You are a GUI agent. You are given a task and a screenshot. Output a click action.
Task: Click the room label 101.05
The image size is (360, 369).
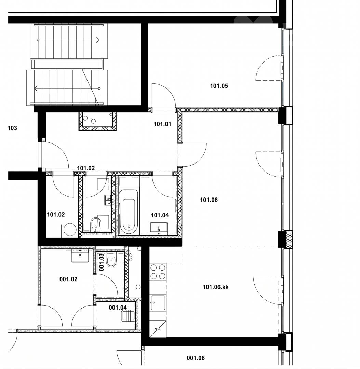(219, 86)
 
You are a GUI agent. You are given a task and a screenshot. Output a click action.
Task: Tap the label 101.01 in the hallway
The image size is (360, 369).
(162, 124)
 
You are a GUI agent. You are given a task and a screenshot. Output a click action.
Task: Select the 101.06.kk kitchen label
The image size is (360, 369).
(215, 287)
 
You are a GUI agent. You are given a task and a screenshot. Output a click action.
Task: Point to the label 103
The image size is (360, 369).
(12, 128)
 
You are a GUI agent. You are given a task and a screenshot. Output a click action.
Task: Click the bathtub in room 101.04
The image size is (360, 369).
(129, 210)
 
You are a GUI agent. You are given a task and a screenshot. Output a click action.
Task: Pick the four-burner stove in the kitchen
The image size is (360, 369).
(158, 272)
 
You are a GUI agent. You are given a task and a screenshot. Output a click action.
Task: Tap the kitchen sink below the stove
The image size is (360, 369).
(158, 303)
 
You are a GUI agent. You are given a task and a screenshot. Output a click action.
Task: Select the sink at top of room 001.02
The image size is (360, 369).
(80, 256)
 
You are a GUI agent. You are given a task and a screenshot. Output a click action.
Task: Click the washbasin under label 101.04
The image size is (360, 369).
(159, 229)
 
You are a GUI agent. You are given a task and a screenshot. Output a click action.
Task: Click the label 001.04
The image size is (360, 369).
(118, 307)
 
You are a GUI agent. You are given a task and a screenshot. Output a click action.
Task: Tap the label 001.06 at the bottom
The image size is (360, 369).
(196, 358)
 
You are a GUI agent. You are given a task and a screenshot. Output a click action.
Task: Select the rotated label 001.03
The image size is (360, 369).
(102, 262)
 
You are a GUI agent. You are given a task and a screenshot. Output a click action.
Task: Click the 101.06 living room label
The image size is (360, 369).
(209, 200)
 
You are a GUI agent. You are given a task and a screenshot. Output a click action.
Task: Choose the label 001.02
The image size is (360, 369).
(68, 279)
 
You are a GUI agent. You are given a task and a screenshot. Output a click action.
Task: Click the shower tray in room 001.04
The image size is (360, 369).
(128, 316)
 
